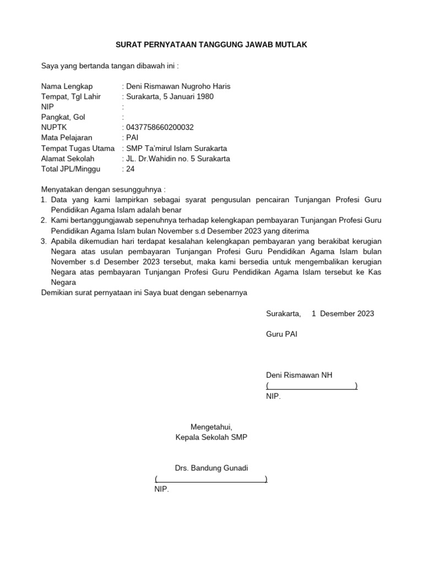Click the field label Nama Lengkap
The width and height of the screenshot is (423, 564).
pyautogui.click(x=67, y=86)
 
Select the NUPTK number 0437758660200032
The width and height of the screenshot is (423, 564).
pyautogui.click(x=160, y=128)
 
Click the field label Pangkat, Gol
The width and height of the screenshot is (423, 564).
pyautogui.click(x=63, y=117)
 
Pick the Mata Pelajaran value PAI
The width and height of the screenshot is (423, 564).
pyautogui.click(x=133, y=138)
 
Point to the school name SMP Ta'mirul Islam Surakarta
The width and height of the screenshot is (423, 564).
pyautogui.click(x=176, y=149)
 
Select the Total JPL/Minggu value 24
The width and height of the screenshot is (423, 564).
pyautogui.click(x=131, y=169)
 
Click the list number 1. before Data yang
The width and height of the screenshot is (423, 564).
pyautogui.click(x=45, y=200)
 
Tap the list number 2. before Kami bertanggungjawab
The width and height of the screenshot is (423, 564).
pyautogui.click(x=45, y=221)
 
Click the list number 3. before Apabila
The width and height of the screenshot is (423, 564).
pyautogui.click(x=45, y=241)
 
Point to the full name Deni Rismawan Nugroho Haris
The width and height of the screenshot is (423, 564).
pyautogui.click(x=178, y=86)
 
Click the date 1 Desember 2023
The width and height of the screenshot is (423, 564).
pyautogui.click(x=343, y=313)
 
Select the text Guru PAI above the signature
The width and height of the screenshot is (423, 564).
pyautogui.click(x=281, y=334)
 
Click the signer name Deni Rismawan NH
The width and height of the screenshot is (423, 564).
pyautogui.click(x=299, y=376)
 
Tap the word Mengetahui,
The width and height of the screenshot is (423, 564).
pyautogui.click(x=211, y=427)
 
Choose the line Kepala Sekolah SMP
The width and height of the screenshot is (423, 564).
pyautogui.click(x=211, y=437)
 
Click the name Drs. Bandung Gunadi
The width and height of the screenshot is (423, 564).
pyautogui.click(x=211, y=468)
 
